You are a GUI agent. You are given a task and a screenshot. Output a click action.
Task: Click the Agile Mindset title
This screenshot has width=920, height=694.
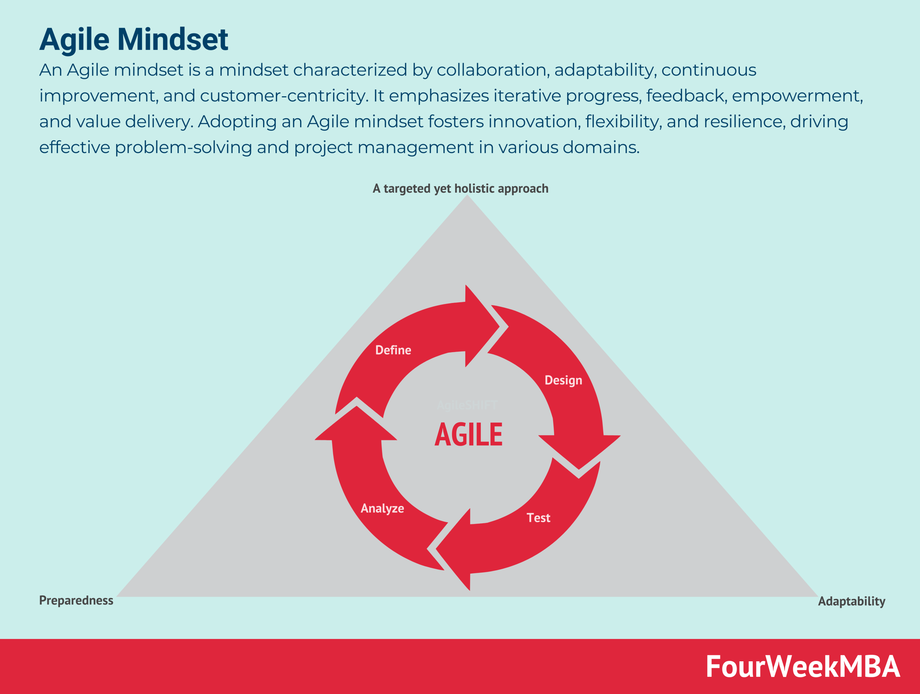pos(134,40)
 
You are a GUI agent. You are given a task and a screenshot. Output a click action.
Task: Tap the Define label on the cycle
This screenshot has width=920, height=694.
pos(393,350)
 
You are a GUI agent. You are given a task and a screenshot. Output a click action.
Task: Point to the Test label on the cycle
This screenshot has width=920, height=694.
pos(538,518)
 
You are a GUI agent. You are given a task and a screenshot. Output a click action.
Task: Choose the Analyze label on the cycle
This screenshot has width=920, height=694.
pos(382,508)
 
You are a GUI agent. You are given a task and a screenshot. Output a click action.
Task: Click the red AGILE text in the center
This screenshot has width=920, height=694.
pos(468,435)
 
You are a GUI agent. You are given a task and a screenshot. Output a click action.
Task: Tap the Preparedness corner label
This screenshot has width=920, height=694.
pos(76,601)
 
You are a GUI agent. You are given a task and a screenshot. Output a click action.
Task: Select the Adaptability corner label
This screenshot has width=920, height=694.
pos(851,601)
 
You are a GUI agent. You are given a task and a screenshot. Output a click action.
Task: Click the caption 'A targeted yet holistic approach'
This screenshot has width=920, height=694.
pos(460,189)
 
